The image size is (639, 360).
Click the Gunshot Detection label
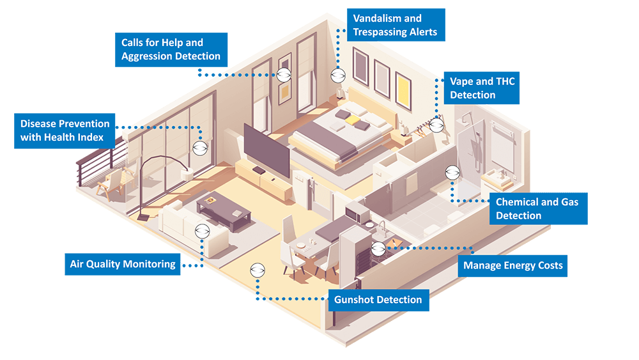(x=378, y=300)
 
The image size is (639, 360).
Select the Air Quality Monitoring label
(x=123, y=264)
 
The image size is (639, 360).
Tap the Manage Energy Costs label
(x=512, y=265)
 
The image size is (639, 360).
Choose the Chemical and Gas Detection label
(x=537, y=209)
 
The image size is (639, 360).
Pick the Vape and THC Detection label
(x=482, y=88)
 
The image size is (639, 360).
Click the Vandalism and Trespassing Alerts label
(x=396, y=26)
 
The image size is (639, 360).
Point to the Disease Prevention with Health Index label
(x=65, y=130)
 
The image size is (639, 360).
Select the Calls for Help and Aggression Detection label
(x=171, y=50)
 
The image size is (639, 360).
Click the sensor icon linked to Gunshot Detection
(x=258, y=270)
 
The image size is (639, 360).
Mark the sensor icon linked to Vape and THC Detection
(x=436, y=125)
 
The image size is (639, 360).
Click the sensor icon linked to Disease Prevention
(x=200, y=147)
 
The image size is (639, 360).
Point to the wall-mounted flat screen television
(x=268, y=150)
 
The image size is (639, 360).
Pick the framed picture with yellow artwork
(x=403, y=90)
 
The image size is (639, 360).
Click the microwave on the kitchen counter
(x=353, y=210)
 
